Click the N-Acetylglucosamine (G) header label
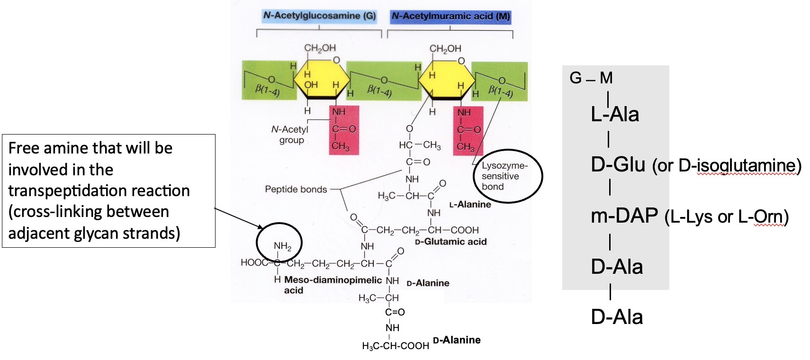click(x=319, y=16)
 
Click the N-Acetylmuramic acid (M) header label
click(x=450, y=16)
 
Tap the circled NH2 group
click(x=282, y=246)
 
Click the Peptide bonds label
click(x=296, y=189)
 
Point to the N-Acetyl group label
click(x=290, y=135)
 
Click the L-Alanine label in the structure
click(x=470, y=204)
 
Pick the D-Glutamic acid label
click(x=450, y=242)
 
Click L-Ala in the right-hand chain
click(x=615, y=115)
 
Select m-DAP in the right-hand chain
click(x=624, y=216)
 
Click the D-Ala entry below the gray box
click(x=616, y=317)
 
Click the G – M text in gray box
click(x=591, y=78)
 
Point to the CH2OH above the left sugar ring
click(x=320, y=48)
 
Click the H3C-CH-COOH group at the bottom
click(x=395, y=346)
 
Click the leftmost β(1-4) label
click(x=268, y=90)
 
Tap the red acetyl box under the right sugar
click(x=468, y=130)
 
